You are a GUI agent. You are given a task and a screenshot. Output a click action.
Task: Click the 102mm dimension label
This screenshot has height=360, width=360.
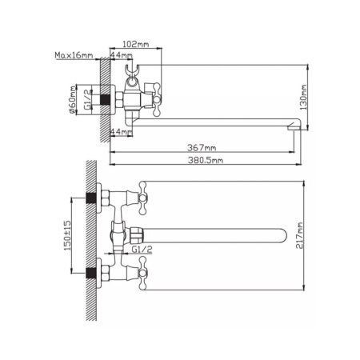(135, 44)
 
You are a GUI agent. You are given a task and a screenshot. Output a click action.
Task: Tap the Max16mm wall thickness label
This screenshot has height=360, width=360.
(74, 55)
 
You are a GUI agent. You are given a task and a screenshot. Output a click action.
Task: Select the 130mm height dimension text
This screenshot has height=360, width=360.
(303, 98)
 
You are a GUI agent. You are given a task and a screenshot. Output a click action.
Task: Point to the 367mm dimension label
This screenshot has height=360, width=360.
(202, 147)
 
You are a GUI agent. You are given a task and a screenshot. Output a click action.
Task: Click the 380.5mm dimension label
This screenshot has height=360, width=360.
(206, 160)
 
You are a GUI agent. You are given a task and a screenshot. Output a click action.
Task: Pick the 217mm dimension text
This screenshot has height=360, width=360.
(300, 235)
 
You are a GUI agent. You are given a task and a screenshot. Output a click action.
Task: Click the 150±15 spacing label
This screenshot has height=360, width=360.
(67, 235)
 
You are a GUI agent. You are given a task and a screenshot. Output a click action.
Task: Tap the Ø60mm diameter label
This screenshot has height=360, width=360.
(73, 100)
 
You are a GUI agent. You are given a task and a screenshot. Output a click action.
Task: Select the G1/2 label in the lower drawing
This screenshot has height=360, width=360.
(142, 250)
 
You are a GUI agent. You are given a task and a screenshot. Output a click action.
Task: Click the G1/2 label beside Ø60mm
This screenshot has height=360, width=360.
(87, 99)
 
